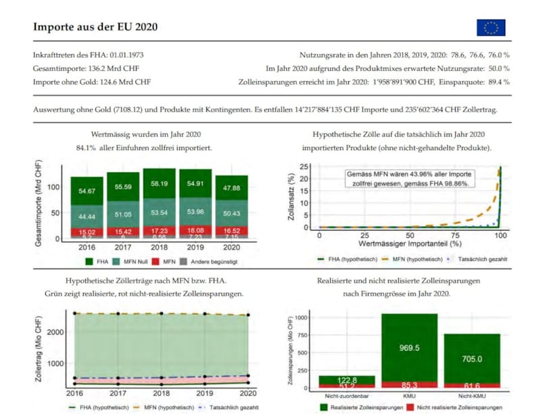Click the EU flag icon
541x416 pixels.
coord(490,27)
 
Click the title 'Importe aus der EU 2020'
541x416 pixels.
coord(95,27)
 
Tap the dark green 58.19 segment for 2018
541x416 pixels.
coord(160,183)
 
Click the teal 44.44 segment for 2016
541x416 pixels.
coord(87,216)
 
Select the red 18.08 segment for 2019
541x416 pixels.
coord(196,230)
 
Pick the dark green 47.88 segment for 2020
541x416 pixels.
coord(232,187)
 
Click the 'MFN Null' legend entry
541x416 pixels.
coord(137,261)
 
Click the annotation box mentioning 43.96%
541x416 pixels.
coord(409,179)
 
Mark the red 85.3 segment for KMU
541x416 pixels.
coord(409,385)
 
